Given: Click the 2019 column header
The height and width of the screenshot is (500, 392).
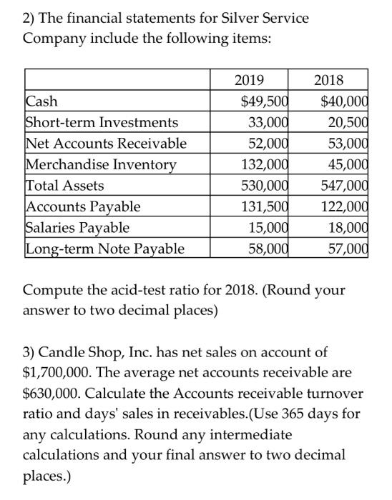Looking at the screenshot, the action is (x=249, y=80).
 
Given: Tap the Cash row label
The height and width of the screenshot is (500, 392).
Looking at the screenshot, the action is (x=41, y=101).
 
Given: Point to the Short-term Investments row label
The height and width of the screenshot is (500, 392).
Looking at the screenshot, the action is (x=102, y=123).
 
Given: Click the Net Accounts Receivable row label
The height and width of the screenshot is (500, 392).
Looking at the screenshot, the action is (x=106, y=144).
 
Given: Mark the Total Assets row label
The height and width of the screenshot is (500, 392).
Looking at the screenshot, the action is (x=64, y=186).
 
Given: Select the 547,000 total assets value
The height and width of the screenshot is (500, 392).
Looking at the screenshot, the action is (x=341, y=186).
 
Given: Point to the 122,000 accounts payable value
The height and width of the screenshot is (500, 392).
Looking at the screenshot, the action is (x=341, y=207).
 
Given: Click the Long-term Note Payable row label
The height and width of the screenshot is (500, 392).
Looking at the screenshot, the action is (x=104, y=249).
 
